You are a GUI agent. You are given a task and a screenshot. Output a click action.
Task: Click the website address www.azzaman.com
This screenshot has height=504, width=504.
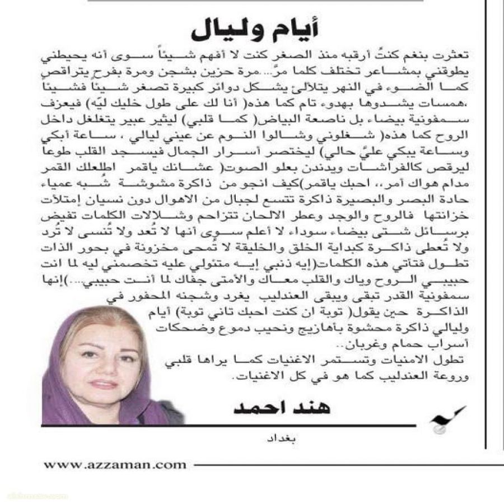pyautogui.click(x=114, y=464)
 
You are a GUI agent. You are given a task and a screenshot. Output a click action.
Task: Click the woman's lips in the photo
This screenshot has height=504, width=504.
pyautogui.click(x=102, y=385)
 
